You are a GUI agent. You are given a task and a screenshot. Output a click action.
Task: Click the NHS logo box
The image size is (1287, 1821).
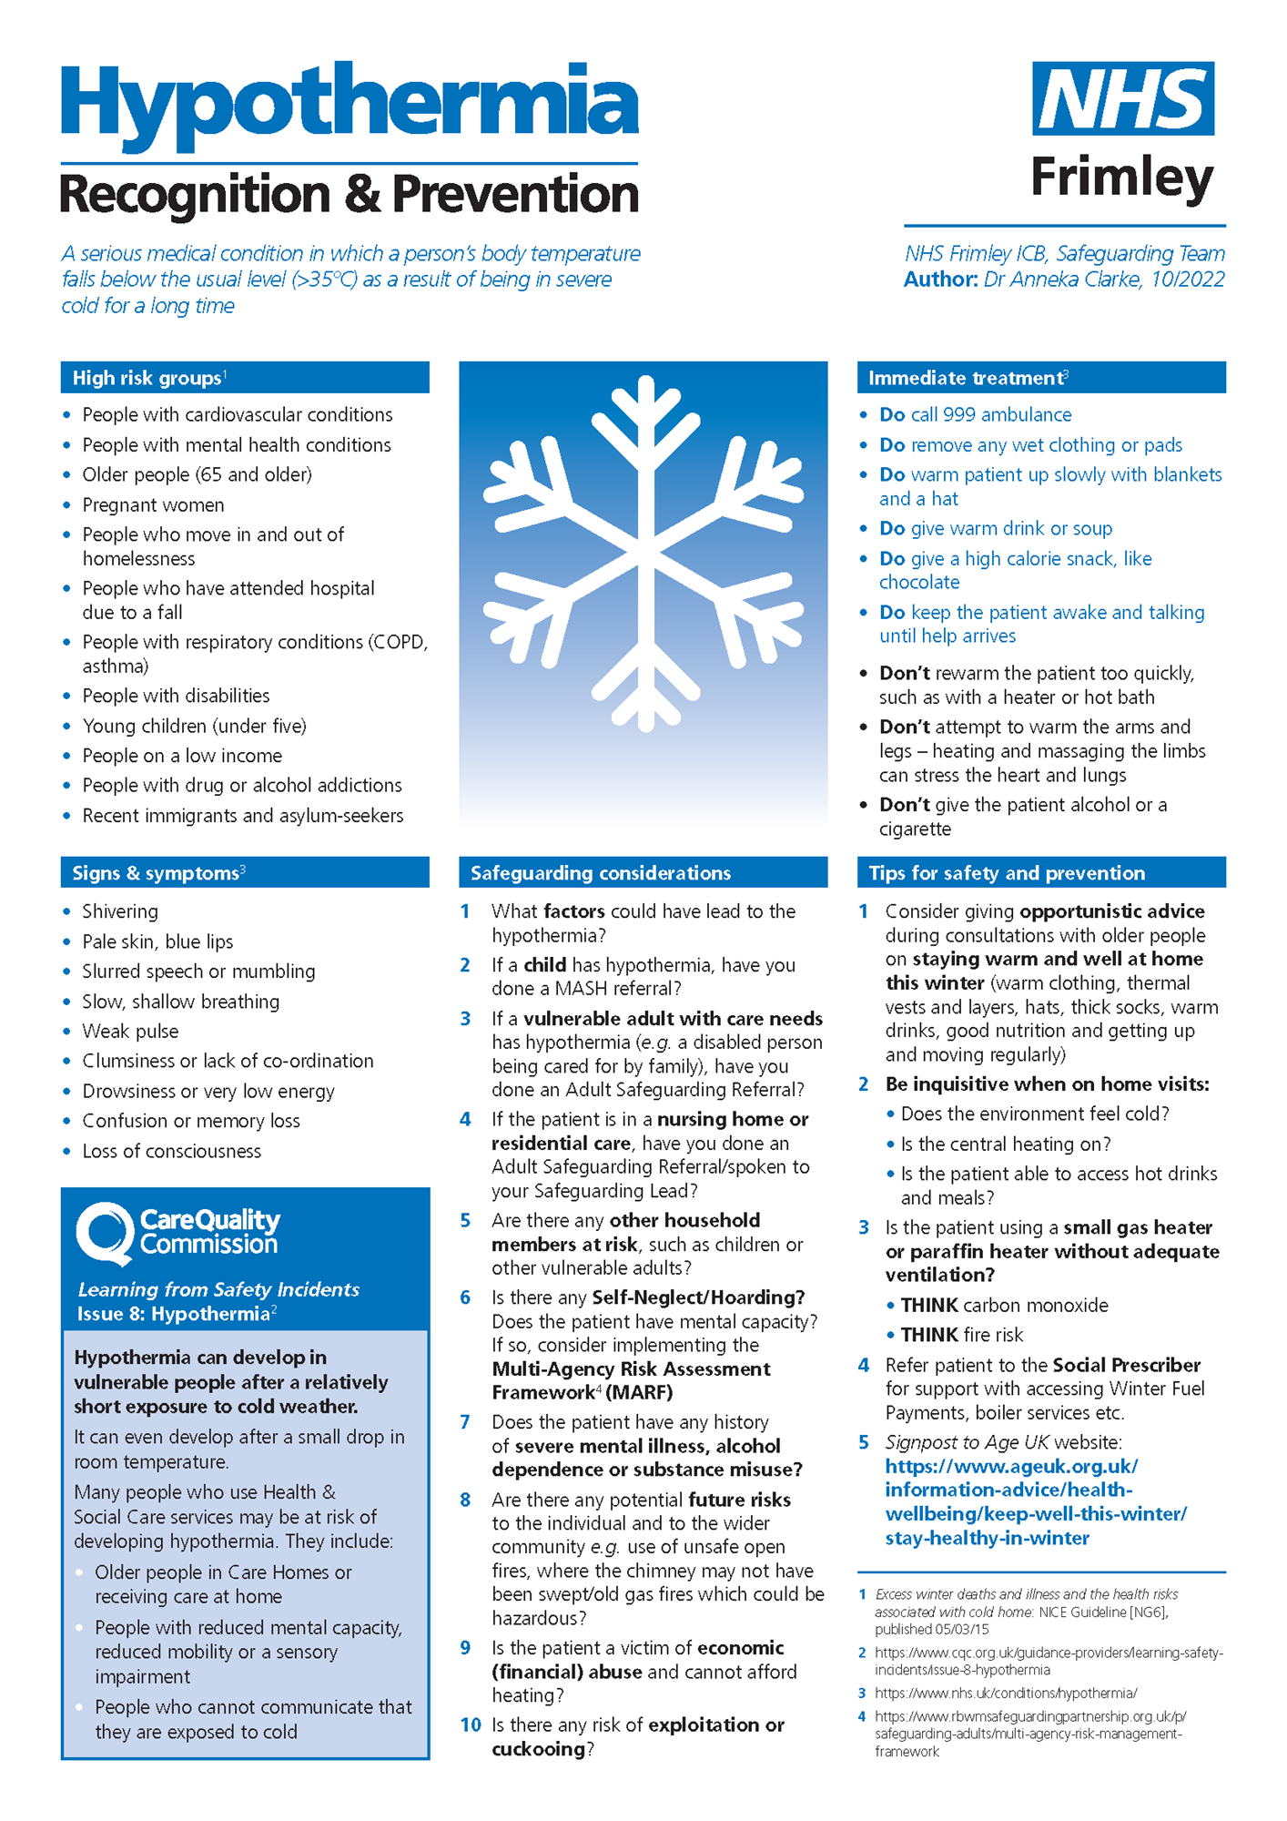click(1122, 98)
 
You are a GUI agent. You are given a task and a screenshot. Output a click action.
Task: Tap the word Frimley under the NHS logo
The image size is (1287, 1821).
click(1121, 177)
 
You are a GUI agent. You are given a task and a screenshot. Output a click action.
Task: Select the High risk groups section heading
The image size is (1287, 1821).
click(147, 378)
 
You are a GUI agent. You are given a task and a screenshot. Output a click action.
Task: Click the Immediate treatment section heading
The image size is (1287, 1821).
click(967, 378)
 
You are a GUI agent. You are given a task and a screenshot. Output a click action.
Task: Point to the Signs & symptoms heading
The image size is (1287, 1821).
click(156, 873)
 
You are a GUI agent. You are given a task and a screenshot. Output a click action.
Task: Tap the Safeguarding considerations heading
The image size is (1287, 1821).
click(601, 873)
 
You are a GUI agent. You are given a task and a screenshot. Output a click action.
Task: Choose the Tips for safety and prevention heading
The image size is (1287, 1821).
click(1007, 873)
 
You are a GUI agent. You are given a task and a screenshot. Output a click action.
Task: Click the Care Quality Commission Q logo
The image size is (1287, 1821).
click(106, 1232)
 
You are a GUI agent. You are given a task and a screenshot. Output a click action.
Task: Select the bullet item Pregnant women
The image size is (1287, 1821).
click(153, 505)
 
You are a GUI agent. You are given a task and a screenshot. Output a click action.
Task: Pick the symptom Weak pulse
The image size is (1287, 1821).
click(130, 1032)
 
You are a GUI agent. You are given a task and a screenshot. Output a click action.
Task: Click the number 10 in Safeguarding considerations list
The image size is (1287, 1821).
click(471, 1725)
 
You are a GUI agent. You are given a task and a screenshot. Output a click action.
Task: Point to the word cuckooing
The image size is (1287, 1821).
click(538, 1749)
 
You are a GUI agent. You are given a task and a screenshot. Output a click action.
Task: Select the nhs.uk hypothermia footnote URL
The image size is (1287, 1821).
click(1006, 1694)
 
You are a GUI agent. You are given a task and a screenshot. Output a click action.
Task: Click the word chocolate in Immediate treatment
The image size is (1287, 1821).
click(919, 583)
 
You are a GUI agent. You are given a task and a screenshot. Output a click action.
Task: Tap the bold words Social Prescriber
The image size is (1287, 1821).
click(1127, 1365)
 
